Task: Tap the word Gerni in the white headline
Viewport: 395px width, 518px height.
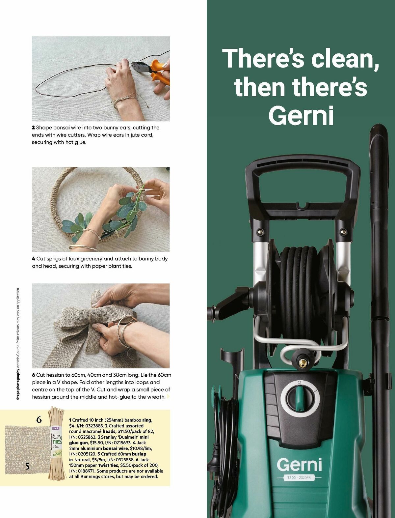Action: pyautogui.click(x=301, y=115)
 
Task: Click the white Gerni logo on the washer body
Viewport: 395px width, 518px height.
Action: pyautogui.click(x=299, y=464)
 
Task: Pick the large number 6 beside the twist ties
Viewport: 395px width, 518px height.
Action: pyautogui.click(x=39, y=420)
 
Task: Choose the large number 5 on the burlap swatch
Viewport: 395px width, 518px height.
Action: pyautogui.click(x=27, y=466)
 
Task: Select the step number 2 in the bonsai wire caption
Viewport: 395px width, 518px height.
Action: pyautogui.click(x=33, y=128)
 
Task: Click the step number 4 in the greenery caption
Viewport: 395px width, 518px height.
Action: pyautogui.click(x=34, y=259)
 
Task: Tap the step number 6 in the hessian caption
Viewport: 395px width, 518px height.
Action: pyautogui.click(x=34, y=375)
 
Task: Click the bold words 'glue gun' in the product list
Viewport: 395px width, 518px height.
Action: pyautogui.click(x=79, y=443)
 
